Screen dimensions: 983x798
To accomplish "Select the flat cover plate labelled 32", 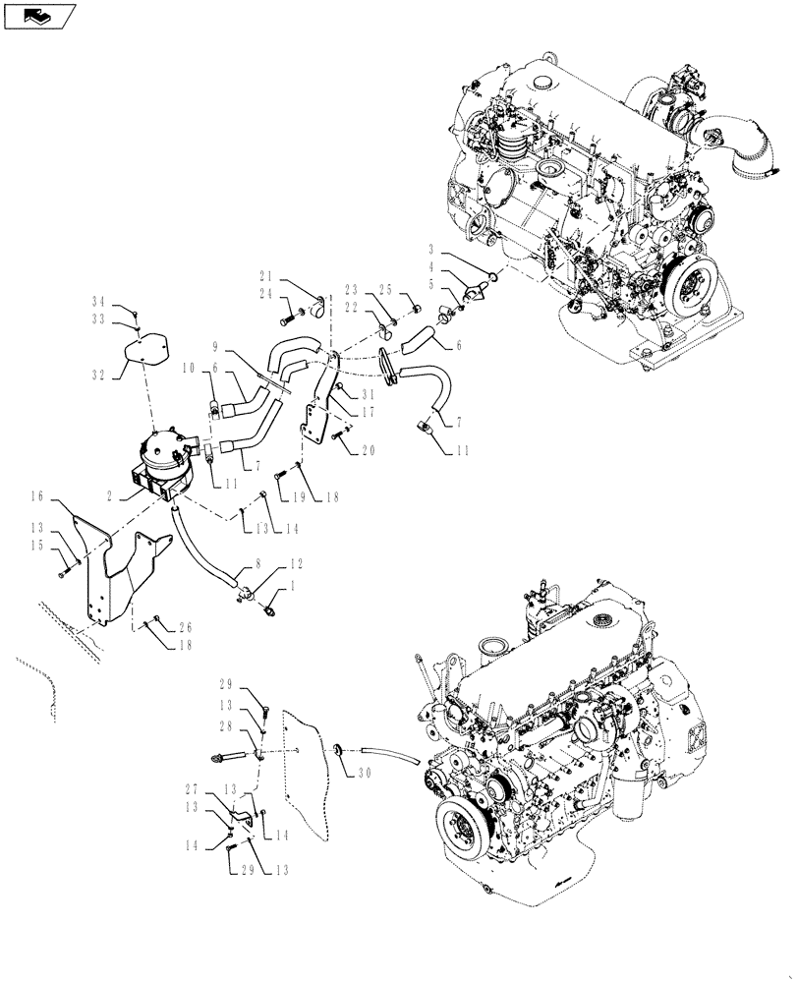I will pyautogui.click(x=145, y=349).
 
